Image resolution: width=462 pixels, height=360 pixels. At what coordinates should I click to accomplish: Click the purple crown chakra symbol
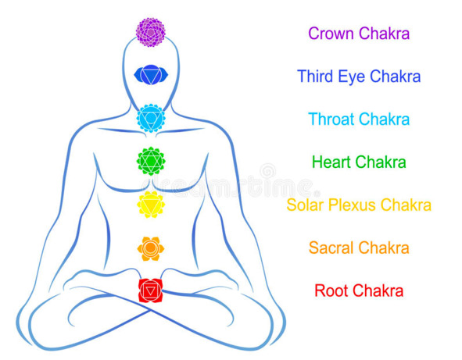151,32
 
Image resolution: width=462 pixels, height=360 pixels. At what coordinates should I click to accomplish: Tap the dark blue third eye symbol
151,75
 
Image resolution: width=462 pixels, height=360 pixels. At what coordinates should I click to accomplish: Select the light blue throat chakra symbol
151,118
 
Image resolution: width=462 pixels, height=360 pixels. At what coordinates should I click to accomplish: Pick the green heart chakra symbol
151,161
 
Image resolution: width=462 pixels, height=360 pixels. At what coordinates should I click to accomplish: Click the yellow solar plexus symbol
151,205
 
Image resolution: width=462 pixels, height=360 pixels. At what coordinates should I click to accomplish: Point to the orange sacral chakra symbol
151,248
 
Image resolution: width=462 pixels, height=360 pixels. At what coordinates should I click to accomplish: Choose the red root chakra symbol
150,290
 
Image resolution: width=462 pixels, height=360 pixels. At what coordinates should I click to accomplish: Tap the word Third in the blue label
315,77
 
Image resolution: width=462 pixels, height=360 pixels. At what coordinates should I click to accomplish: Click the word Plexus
352,205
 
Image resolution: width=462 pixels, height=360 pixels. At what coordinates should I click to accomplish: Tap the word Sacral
331,248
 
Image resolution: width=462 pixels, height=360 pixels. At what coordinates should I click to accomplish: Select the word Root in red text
331,290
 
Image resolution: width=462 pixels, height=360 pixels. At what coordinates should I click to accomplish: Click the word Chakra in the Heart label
381,162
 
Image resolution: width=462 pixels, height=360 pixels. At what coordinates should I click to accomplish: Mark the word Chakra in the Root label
378,290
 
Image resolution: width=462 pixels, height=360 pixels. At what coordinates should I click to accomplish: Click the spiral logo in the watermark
267,172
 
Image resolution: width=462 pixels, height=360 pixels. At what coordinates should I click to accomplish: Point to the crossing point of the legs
151,310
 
